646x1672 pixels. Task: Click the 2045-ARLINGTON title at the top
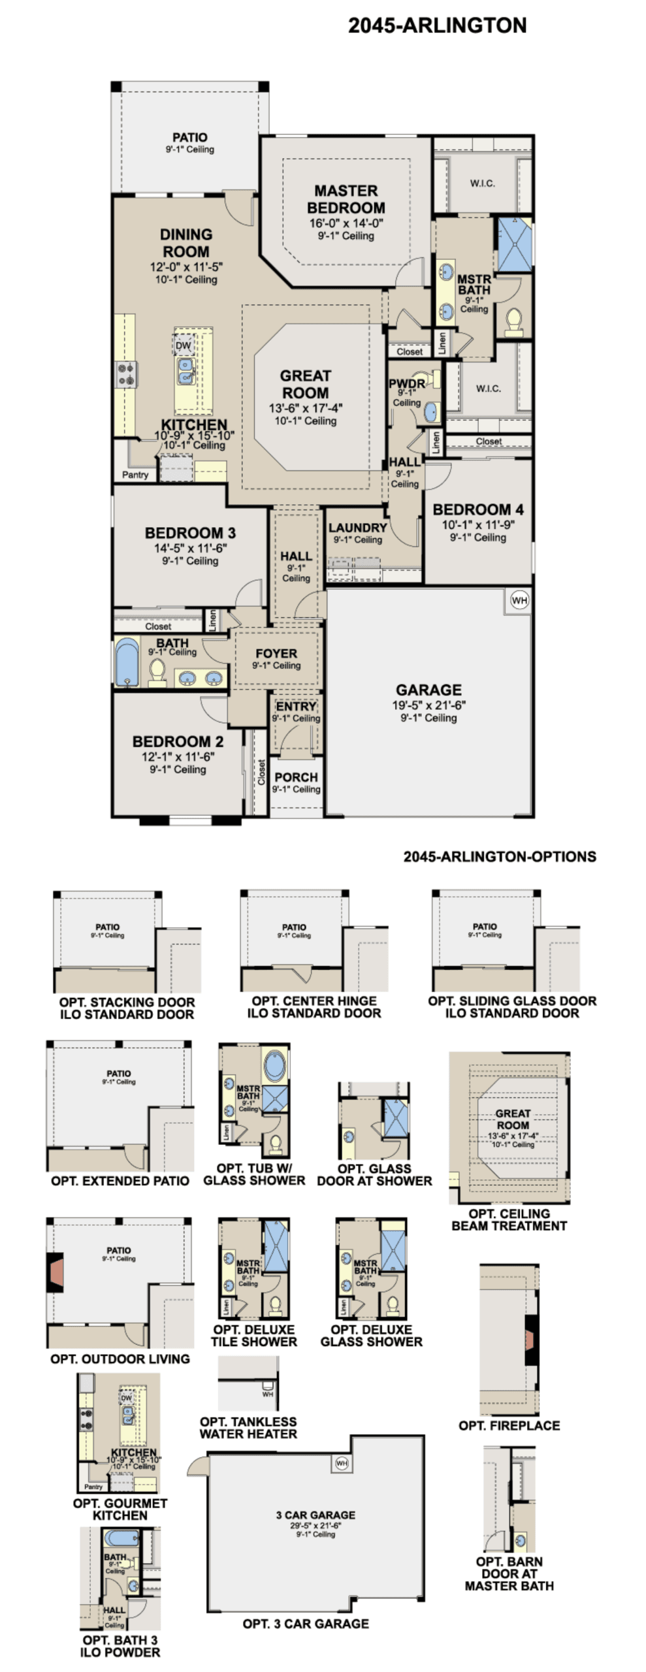coord(436,25)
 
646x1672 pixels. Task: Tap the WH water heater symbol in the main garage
coord(519,600)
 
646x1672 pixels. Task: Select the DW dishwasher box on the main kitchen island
coord(184,345)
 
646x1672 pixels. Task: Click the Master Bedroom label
coord(346,199)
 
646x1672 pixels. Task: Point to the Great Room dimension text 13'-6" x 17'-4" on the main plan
coord(305,408)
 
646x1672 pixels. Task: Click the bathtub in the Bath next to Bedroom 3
coord(127,662)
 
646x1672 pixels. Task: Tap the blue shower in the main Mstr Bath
coord(514,244)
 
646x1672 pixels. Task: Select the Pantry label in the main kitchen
coord(135,475)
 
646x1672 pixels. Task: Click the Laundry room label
coord(357,527)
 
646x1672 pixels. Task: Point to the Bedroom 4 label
coord(477,509)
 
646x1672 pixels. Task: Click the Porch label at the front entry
coord(296,777)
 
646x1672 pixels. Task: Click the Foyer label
coord(276,653)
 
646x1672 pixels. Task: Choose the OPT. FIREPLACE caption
coord(509,1425)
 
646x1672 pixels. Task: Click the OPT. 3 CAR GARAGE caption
coord(305,1623)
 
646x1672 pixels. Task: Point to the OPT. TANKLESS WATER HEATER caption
coord(248,1427)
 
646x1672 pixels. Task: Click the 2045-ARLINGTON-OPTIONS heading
coord(499,856)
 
